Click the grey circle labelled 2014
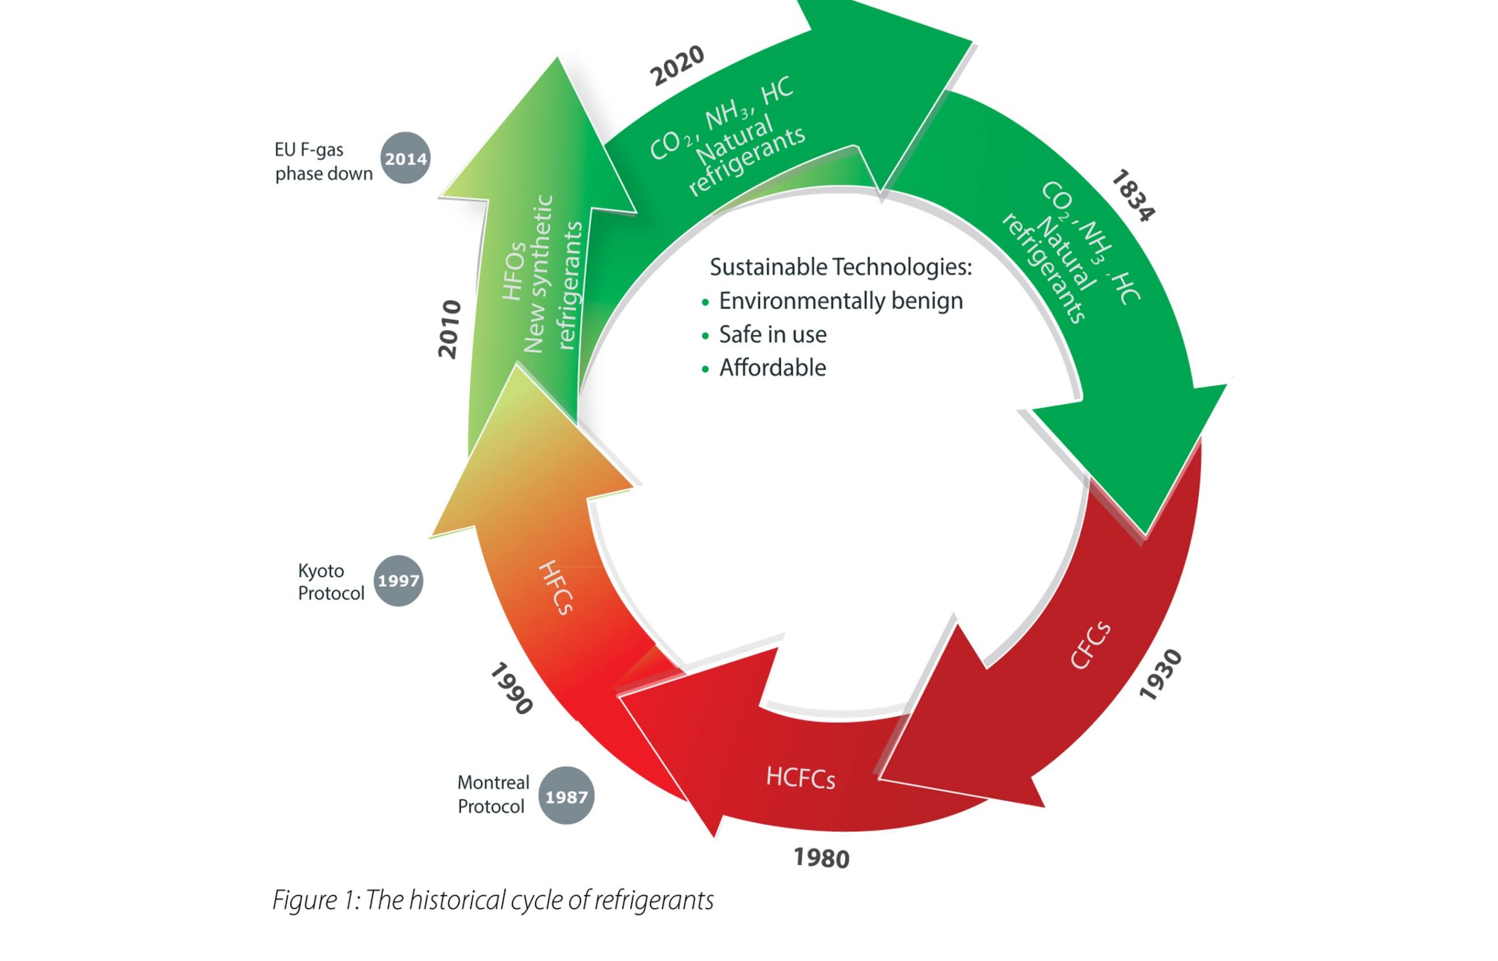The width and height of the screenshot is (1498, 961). coord(406,158)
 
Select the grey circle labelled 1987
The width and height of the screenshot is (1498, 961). coord(566,796)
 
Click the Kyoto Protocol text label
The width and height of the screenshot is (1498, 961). coord(330,581)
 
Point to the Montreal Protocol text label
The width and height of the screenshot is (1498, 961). coord(493,794)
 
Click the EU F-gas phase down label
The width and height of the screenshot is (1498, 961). coord(324,161)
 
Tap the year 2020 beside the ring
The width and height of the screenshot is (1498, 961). coord(677,66)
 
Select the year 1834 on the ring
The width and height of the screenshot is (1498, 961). coord(1133,195)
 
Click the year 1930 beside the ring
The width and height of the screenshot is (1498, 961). coord(1160,675)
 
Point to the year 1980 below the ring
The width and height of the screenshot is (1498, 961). coord(822,859)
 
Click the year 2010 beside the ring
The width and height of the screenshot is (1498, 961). coord(449,329)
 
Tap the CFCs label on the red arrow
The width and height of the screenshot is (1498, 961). coord(1090,645)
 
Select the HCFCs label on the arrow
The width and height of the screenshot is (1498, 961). coord(800,777)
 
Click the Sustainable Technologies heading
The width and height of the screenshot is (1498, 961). coord(840,267)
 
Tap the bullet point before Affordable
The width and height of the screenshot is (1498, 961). coord(705,370)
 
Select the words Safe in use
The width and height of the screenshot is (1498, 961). coord(773,335)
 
